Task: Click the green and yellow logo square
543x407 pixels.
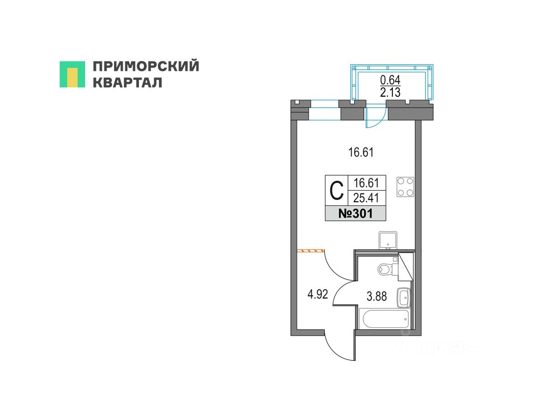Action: (72, 74)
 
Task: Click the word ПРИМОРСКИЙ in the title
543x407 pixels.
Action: (146, 66)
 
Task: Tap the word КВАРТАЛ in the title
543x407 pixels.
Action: (127, 83)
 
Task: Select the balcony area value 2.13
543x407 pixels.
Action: (390, 93)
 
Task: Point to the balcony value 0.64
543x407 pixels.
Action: (390, 80)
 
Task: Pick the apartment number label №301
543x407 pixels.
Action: (356, 213)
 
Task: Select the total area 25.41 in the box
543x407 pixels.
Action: (367, 198)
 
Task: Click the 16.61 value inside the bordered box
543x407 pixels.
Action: (367, 183)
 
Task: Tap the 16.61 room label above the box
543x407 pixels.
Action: (360, 153)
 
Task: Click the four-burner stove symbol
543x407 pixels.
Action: (405, 186)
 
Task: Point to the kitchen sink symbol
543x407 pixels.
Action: (388, 240)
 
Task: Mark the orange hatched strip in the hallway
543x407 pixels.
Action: (311, 250)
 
